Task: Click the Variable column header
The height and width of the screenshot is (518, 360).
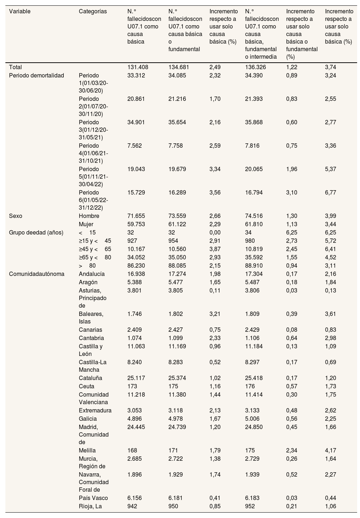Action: [x=20, y=11]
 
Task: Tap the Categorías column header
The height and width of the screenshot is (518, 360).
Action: [x=93, y=11]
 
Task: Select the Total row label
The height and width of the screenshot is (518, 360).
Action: [x=15, y=67]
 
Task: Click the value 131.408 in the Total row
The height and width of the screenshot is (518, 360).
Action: [x=138, y=67]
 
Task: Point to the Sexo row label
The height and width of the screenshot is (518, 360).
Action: [x=15, y=216]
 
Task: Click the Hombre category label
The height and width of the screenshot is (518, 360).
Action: [x=89, y=216]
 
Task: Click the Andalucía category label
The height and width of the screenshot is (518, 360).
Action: [x=91, y=274]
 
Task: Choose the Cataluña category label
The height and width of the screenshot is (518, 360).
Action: [x=90, y=378]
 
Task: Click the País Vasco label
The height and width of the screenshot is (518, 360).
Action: [x=93, y=498]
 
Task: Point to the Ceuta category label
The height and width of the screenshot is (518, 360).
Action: [x=87, y=387]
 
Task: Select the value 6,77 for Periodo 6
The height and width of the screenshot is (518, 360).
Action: [x=330, y=193]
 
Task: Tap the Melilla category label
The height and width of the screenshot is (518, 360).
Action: [x=87, y=450]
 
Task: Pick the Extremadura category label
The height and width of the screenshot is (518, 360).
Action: [x=95, y=411]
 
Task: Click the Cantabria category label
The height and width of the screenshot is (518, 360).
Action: [x=91, y=338]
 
